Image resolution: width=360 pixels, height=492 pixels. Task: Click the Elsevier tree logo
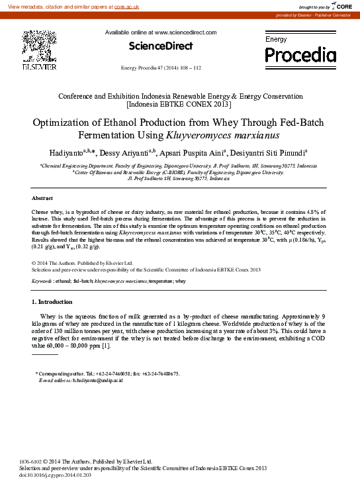click(x=41, y=48)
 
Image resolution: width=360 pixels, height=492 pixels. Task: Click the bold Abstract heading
click(x=42, y=198)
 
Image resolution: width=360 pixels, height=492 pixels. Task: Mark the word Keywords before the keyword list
click(x=42, y=281)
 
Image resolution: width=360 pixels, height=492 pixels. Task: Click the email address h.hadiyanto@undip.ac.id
click(x=89, y=381)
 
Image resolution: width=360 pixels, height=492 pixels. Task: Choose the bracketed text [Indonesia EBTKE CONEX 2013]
click(x=180, y=104)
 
